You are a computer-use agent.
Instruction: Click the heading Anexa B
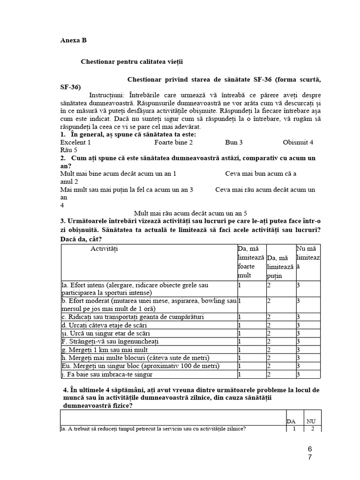tap(73, 40)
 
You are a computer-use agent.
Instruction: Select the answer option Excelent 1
tap(75, 142)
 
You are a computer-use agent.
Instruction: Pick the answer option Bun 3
tap(234, 142)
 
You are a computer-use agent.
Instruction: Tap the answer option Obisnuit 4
tap(298, 142)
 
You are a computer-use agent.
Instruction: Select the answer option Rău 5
tap(69, 150)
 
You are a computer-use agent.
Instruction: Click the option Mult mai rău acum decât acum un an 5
tap(190, 213)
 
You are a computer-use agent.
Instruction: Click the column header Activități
tap(105, 248)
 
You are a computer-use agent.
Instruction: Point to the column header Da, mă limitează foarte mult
tap(251, 262)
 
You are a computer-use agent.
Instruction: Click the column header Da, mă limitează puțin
tap(280, 267)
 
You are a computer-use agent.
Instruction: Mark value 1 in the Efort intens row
tap(240, 285)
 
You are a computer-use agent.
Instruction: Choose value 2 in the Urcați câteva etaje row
tap(269, 325)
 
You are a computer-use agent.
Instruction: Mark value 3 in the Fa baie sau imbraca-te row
tap(298, 374)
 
